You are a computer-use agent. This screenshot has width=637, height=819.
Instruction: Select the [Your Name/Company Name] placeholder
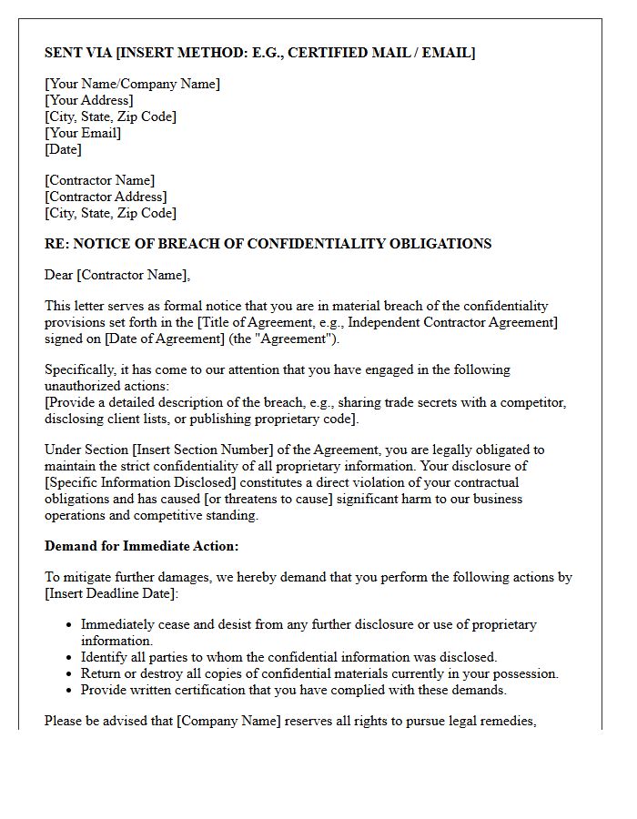132,84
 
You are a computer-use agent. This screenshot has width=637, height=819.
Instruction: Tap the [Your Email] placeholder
83,133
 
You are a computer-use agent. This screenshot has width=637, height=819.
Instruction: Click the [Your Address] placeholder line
89,100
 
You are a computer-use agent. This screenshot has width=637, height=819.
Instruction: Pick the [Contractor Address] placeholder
106,197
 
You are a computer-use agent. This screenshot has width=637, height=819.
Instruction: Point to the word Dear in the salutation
59,275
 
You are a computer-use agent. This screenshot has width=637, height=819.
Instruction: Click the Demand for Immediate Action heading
142,546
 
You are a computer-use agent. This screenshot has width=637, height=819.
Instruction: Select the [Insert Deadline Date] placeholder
112,593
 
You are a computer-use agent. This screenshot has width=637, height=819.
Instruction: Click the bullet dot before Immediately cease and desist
70,625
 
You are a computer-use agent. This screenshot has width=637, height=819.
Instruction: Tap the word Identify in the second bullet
105,657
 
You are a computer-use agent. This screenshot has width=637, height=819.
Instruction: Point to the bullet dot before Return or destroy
70,674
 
